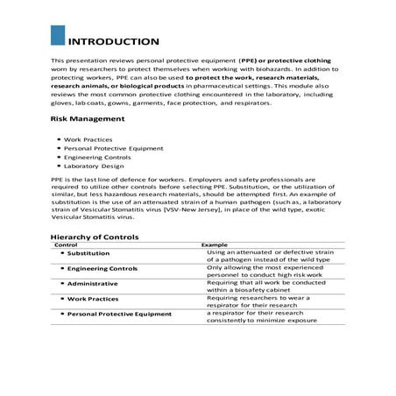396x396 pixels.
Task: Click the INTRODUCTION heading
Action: (114, 41)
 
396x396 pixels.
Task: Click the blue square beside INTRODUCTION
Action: (58, 36)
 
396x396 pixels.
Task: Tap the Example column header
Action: (215, 244)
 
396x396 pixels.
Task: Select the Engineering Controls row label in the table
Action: (102, 268)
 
